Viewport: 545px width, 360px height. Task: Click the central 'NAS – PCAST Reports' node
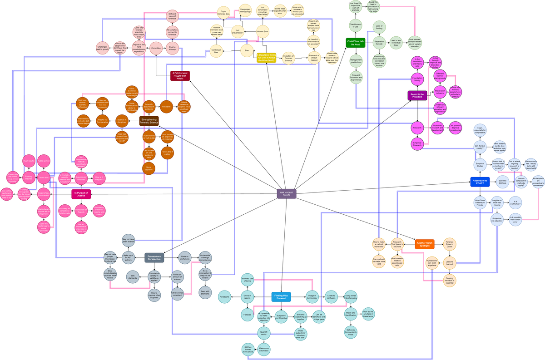[x=287, y=193]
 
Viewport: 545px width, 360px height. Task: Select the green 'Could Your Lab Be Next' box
[x=356, y=43]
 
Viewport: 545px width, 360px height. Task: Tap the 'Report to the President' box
[x=417, y=95]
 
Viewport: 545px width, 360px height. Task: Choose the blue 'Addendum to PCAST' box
[x=480, y=182]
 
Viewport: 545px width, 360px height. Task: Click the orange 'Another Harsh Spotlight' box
[x=424, y=244]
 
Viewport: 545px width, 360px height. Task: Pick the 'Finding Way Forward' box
[x=281, y=297]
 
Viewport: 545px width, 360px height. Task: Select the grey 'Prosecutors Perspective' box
[x=154, y=258]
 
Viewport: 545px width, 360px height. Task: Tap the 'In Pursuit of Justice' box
[x=81, y=194]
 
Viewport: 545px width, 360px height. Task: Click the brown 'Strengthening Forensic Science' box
[x=149, y=121]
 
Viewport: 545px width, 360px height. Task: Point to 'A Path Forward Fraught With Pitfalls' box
[x=180, y=75]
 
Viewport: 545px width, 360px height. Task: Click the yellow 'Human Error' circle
[x=263, y=32]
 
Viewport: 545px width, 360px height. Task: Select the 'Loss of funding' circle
[x=379, y=27]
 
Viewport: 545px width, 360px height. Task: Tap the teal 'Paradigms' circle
[x=224, y=297]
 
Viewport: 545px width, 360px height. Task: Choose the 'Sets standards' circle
[x=133, y=276]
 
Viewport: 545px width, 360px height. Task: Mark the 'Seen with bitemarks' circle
[x=205, y=292]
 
